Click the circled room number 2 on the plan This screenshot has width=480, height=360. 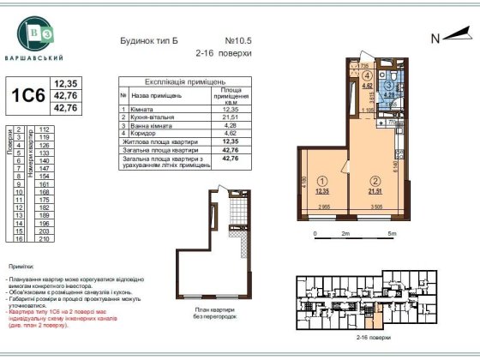click(374, 181)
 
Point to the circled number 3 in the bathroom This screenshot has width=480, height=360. click(388, 85)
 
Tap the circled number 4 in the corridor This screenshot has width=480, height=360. click(365, 75)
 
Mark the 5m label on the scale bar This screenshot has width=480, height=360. click(392, 232)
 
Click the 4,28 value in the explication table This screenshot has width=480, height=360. click(229, 125)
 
